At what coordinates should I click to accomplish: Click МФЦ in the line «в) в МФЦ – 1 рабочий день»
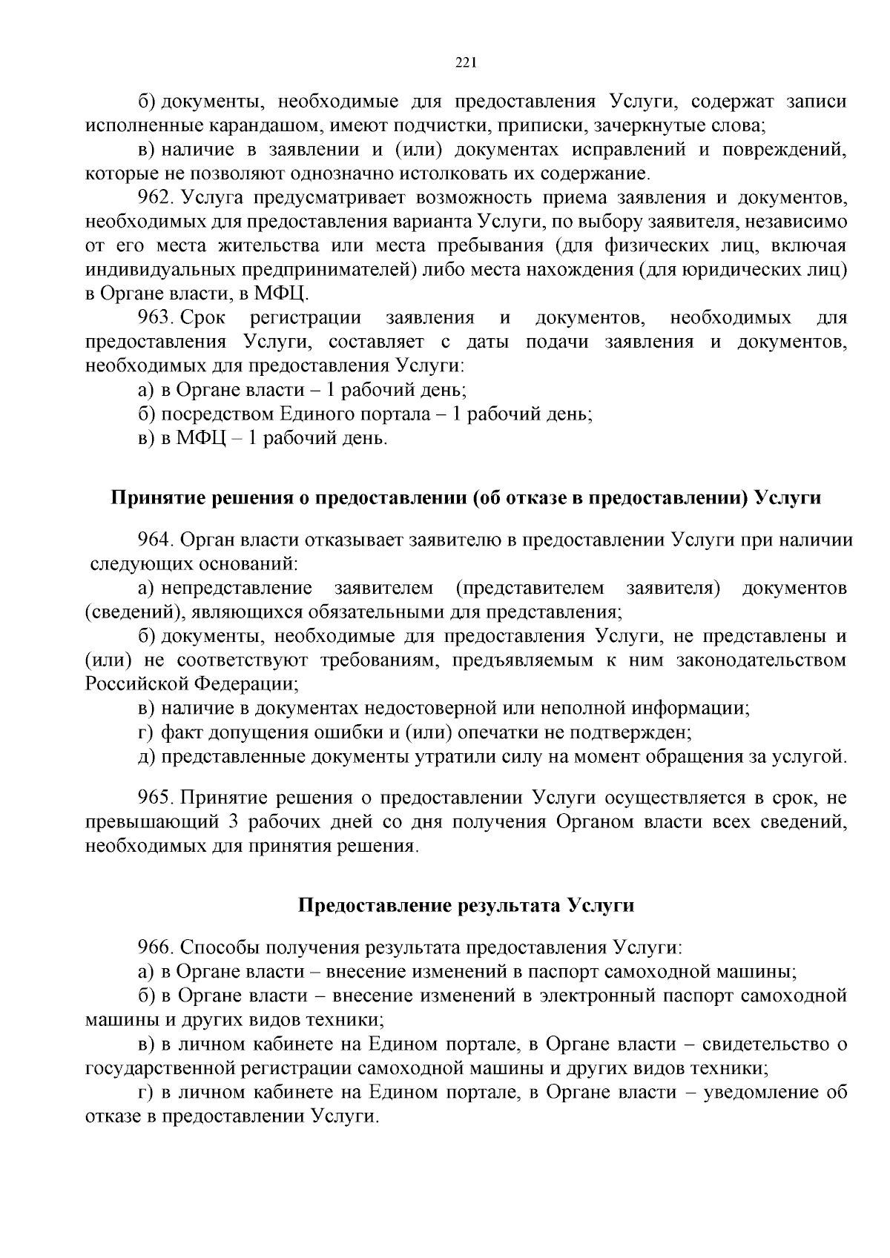pyautogui.click(x=198, y=438)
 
